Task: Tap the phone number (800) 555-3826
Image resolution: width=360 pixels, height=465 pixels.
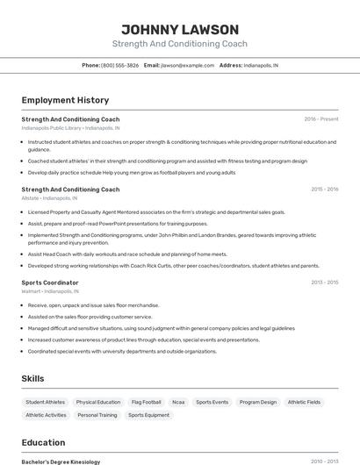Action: click(x=119, y=65)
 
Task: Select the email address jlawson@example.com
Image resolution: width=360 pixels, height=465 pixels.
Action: click(x=188, y=65)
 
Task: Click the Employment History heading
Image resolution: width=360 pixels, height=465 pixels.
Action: click(x=65, y=100)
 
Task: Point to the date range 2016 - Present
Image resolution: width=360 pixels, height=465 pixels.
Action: click(x=320, y=119)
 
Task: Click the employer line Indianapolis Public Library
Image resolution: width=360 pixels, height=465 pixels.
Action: click(x=70, y=128)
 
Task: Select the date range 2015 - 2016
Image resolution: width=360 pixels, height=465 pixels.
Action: click(x=324, y=190)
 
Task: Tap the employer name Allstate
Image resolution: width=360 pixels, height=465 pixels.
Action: click(x=30, y=198)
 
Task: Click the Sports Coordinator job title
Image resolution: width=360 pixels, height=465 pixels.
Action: click(x=50, y=283)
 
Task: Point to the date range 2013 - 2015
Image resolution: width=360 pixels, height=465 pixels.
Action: click(x=324, y=283)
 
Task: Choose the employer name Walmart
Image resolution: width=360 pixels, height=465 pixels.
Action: click(x=31, y=291)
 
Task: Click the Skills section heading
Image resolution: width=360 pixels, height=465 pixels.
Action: click(x=33, y=378)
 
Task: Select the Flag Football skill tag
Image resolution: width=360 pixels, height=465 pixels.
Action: click(x=146, y=402)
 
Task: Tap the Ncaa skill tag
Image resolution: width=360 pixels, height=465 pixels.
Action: click(x=178, y=402)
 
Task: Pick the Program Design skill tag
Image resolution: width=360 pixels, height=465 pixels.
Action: click(x=258, y=402)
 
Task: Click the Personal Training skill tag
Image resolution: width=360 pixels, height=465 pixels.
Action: click(x=97, y=415)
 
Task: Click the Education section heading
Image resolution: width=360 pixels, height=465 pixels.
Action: click(x=43, y=442)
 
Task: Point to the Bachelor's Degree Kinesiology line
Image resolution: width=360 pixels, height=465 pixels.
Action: click(x=61, y=461)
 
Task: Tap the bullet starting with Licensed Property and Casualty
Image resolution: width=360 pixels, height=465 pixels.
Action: click(x=156, y=212)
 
